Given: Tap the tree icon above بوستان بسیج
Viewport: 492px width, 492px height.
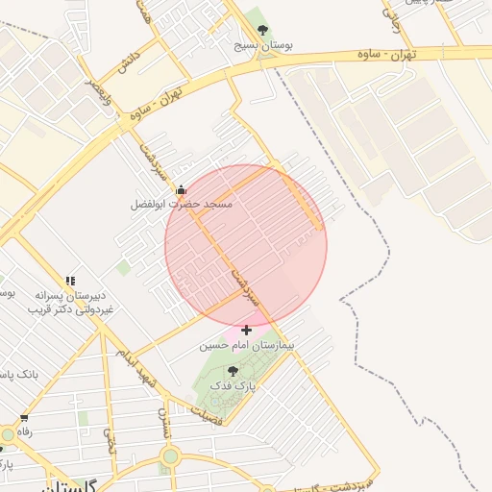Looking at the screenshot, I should click(x=263, y=30).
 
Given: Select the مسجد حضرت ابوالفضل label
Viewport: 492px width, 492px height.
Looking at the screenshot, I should click(x=183, y=205).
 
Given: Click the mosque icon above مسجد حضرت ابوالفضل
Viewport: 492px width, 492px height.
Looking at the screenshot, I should click(x=181, y=190).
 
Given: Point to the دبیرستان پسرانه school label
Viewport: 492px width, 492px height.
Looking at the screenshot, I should click(x=70, y=296).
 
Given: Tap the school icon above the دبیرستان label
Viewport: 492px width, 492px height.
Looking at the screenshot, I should click(x=69, y=281).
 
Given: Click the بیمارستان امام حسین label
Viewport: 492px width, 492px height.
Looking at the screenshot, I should click(x=247, y=343).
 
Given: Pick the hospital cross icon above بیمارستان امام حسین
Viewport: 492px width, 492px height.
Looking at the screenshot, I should click(x=247, y=330).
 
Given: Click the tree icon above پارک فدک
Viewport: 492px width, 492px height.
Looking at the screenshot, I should click(x=233, y=370).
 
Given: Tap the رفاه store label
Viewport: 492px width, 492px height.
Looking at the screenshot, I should click(x=24, y=432).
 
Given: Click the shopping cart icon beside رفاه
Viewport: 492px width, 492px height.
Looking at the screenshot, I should click(x=24, y=419).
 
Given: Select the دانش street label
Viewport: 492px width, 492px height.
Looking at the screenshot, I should click(x=127, y=63).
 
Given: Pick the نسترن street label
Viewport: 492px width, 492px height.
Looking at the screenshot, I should click(x=164, y=424).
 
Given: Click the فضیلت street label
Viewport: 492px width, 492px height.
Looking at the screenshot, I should click(x=208, y=416).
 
